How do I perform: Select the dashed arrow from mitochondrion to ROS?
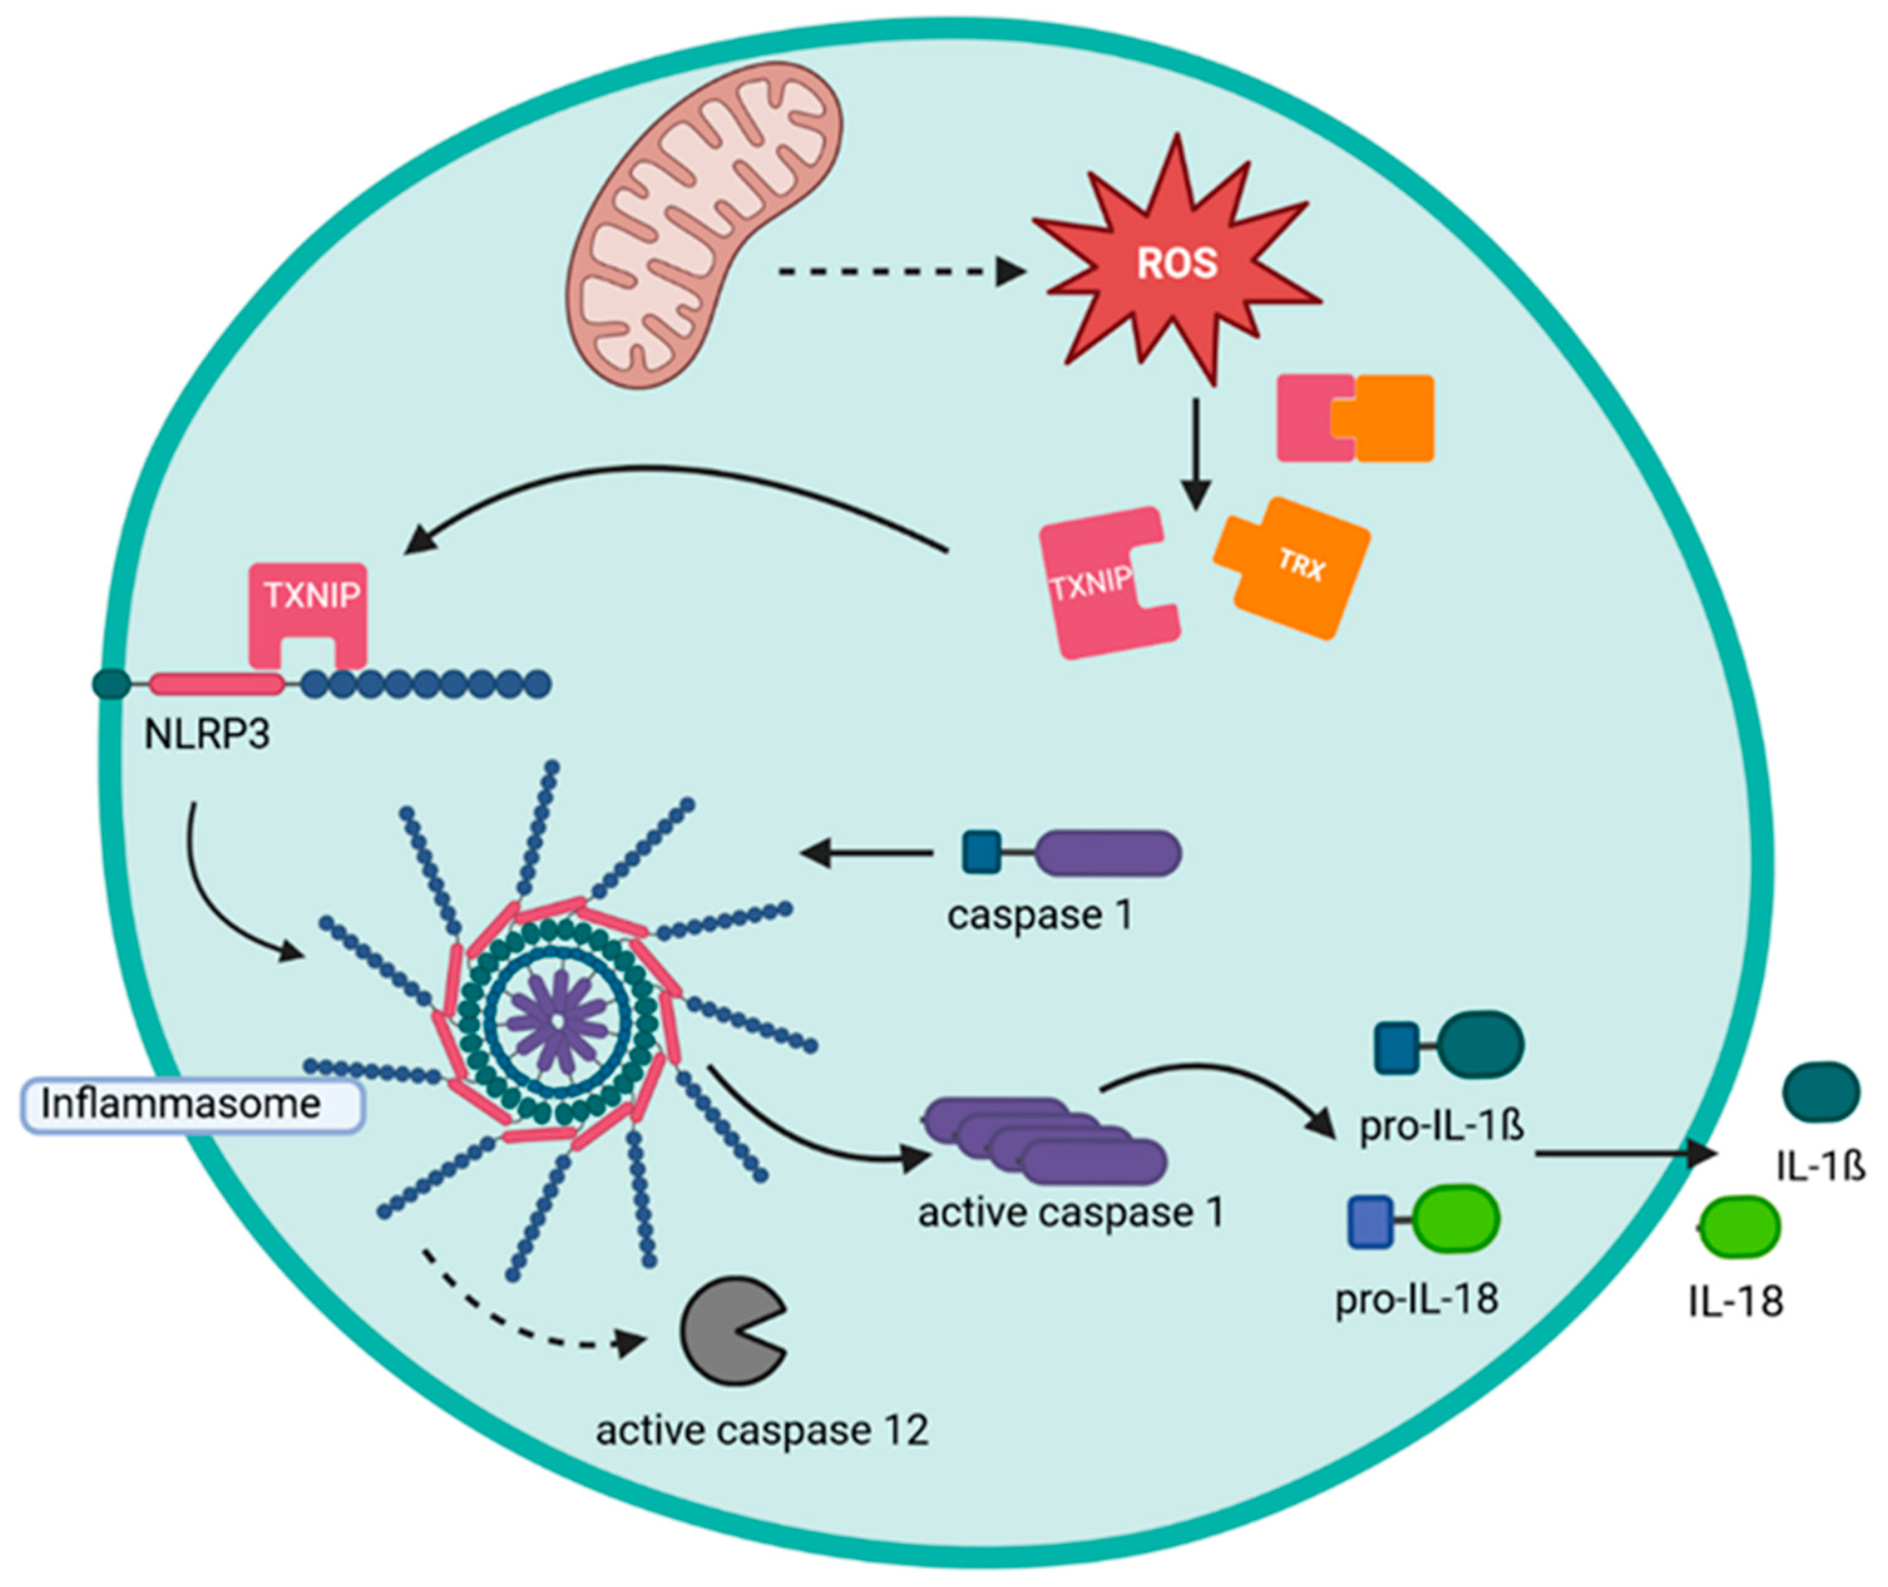coord(899,271)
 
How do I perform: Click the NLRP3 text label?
coord(207,735)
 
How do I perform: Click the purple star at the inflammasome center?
coord(558,1020)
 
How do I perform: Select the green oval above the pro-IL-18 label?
coord(1457,1219)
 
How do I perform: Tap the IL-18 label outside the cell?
coord(1735,1302)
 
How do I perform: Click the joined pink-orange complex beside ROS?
coord(1355,418)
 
